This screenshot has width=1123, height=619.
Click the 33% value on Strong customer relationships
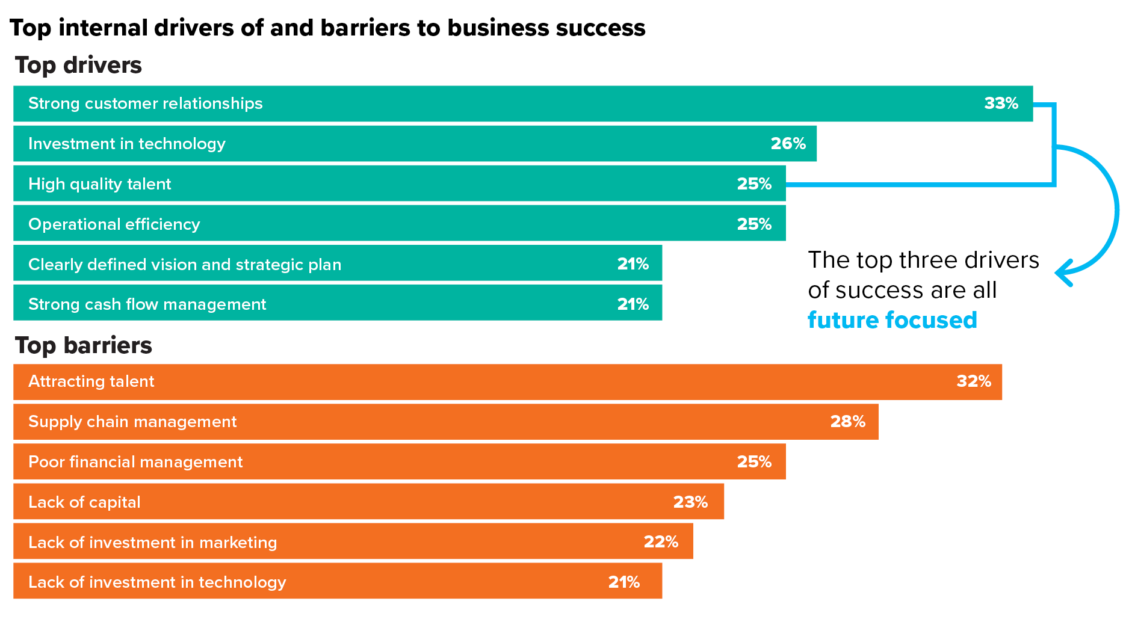click(x=1001, y=103)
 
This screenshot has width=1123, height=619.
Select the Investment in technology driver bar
click(x=415, y=144)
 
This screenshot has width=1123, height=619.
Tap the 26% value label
click(x=788, y=144)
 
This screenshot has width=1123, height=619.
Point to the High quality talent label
click(x=100, y=184)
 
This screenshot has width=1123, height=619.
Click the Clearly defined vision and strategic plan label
click(x=185, y=265)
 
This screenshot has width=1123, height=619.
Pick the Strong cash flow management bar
click(x=337, y=304)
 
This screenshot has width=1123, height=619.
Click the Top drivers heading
click(x=78, y=65)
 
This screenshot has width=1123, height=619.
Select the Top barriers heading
click(x=84, y=345)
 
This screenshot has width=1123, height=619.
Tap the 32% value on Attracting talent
click(x=974, y=381)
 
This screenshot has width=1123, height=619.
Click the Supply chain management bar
click(x=445, y=422)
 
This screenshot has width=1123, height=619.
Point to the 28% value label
click(x=847, y=422)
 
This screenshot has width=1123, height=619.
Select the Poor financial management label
click(x=135, y=462)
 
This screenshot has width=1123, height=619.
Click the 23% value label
click(x=690, y=502)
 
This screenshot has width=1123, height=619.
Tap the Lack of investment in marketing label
click(x=153, y=543)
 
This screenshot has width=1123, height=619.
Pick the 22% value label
click(x=661, y=542)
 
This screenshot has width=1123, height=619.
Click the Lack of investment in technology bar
click(x=337, y=582)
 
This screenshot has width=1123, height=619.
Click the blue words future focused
click(x=892, y=320)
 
